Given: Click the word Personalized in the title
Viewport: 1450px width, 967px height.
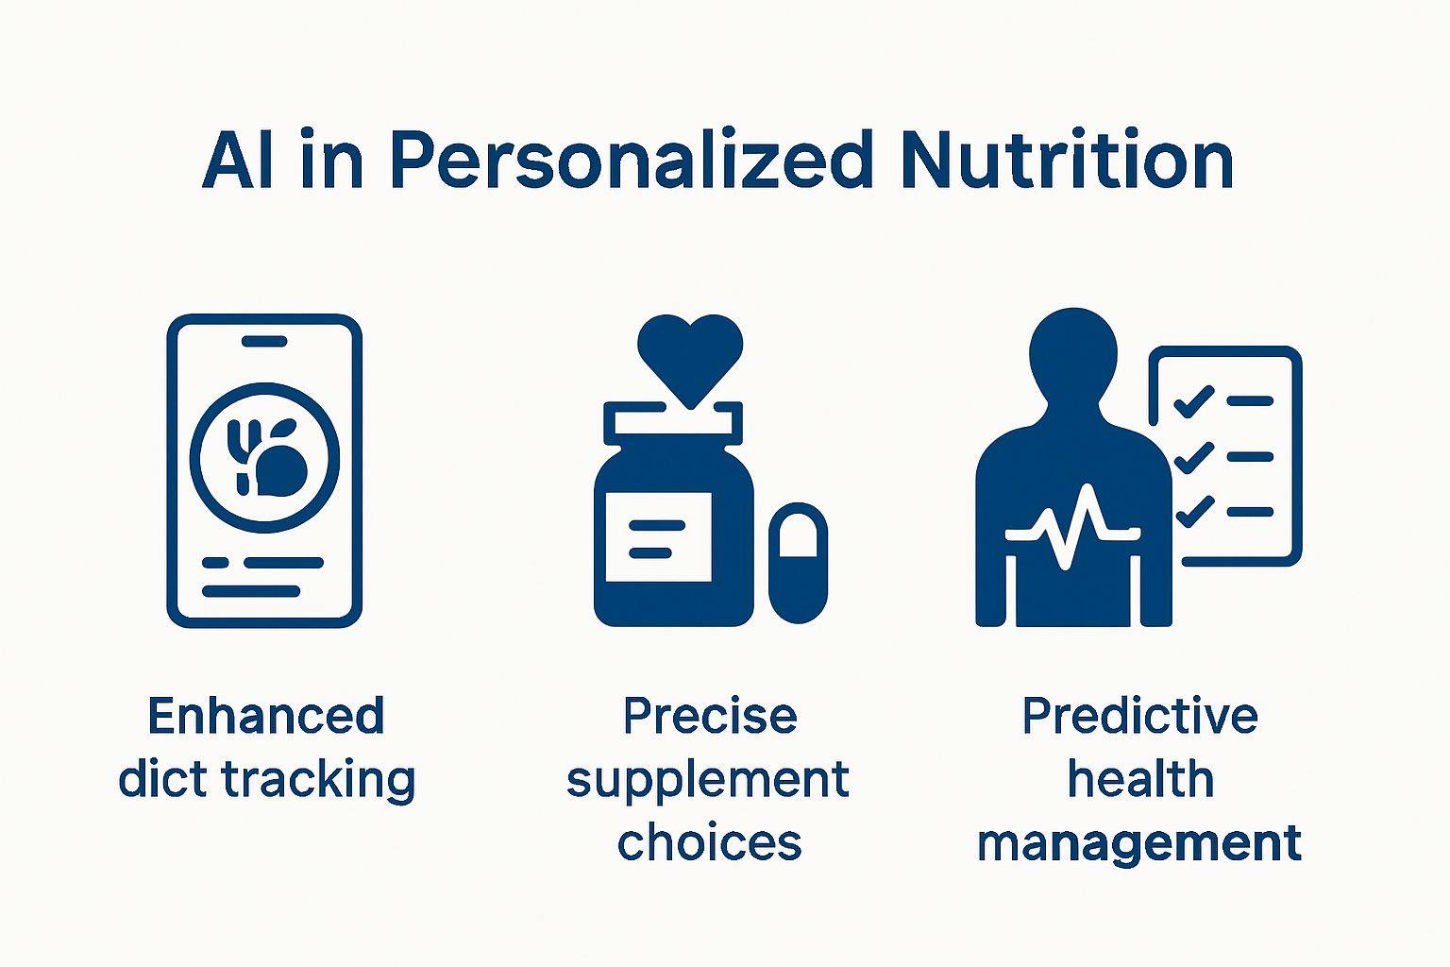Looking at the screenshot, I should pyautogui.click(x=632, y=161).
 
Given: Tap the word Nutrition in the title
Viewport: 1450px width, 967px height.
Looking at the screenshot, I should pyautogui.click(x=1067, y=161).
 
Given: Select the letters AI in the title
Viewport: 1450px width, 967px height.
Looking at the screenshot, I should pyautogui.click(x=239, y=161).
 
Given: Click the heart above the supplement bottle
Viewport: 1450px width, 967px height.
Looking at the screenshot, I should pyautogui.click(x=690, y=355).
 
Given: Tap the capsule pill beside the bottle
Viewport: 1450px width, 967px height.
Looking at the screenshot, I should pyautogui.click(x=798, y=563).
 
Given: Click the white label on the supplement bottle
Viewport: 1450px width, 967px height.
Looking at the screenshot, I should pyautogui.click(x=658, y=536).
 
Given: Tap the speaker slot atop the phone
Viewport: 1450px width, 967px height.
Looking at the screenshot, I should pyautogui.click(x=264, y=341).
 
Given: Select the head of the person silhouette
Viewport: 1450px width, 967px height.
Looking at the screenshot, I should pyautogui.click(x=1073, y=354).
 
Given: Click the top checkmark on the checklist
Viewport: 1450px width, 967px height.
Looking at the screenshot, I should pyautogui.click(x=1193, y=400).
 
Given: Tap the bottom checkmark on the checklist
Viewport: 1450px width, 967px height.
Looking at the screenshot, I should pyautogui.click(x=1193, y=512).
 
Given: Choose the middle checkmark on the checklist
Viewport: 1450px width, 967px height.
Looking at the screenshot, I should pyautogui.click(x=1193, y=456).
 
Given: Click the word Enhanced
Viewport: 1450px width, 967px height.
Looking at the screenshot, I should pyautogui.click(x=266, y=716).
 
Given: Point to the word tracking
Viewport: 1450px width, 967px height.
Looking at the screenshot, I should pyautogui.click(x=318, y=781).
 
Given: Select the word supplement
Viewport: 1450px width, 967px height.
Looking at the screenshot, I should pyautogui.click(x=708, y=781).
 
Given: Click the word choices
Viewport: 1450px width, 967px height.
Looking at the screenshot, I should pyautogui.click(x=709, y=842).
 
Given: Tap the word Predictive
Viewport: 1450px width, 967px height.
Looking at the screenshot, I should pyautogui.click(x=1139, y=716).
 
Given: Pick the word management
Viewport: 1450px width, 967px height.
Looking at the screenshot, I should pyautogui.click(x=1139, y=842).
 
